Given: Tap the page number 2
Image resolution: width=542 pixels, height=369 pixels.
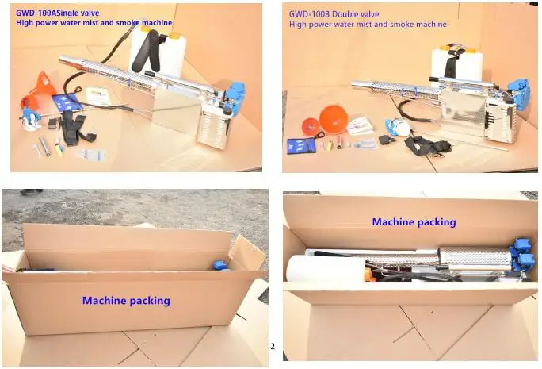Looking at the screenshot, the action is pyautogui.click(x=273, y=346).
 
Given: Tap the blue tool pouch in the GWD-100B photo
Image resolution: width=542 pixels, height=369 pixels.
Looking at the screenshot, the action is pyautogui.click(x=301, y=145).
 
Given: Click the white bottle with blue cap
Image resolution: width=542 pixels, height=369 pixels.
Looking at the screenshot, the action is pyautogui.click(x=399, y=128).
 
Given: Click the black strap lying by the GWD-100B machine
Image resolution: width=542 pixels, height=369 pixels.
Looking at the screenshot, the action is pyautogui.click(x=427, y=145).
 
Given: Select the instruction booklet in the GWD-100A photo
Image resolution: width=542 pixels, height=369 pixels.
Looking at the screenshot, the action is pyautogui.click(x=98, y=96).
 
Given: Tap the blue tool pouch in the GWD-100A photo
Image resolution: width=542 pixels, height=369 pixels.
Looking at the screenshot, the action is pyautogui.click(x=67, y=102).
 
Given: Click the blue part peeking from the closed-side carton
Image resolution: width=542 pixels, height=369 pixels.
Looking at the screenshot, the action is pyautogui.click(x=220, y=265).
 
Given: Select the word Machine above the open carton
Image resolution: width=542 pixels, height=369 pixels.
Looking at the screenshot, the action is pyautogui.click(x=394, y=221).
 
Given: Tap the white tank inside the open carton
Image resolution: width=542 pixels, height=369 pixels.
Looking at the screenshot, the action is pyautogui.click(x=326, y=268).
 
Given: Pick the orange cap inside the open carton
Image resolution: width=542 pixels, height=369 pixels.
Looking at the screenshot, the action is pyautogui.click(x=369, y=274).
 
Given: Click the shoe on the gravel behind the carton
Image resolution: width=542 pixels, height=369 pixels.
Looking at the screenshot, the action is pyautogui.click(x=32, y=191).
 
